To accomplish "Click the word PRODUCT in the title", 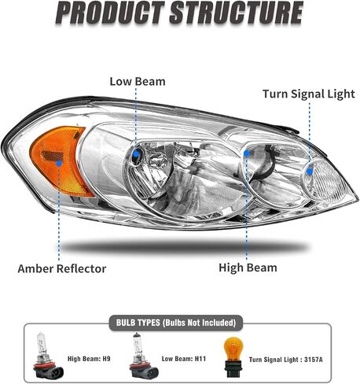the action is click(110, 13).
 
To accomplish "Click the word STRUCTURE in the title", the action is click(237, 13).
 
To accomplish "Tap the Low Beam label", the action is click(138, 81).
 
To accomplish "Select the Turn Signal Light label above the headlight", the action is click(309, 94).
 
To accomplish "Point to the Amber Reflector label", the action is click(62, 268).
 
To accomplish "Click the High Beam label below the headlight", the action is click(248, 268).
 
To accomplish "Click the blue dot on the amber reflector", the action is click(59, 164).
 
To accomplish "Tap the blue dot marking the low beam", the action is click(136, 154).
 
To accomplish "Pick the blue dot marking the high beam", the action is click(247, 153).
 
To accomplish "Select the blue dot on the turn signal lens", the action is click(310, 172).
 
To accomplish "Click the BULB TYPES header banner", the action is click(176, 323).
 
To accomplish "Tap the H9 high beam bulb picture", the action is click(48, 355).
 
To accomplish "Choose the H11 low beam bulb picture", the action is click(143, 355).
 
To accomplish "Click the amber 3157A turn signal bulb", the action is click(233, 357).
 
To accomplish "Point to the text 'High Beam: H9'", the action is click(89, 359).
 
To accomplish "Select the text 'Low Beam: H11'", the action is click(184, 359).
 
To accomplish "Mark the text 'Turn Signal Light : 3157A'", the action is click(286, 360).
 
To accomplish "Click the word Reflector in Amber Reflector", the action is click(82, 268).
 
